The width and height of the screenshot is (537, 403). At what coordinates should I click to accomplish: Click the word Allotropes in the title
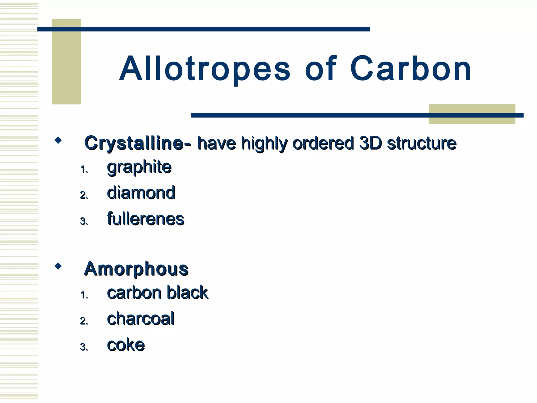205,69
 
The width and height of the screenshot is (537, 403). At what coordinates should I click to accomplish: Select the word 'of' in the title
320,69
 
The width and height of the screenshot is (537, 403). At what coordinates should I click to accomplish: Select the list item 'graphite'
139,167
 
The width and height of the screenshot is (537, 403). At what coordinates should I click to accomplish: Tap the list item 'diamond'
141,193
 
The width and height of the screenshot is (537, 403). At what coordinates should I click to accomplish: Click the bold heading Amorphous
136,269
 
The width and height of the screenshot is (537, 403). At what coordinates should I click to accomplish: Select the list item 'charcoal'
141,319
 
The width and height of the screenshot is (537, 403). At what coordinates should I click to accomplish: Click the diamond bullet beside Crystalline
58,140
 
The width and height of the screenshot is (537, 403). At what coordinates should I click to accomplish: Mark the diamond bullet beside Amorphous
58,266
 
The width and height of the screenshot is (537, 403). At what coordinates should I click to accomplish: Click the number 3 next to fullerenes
84,221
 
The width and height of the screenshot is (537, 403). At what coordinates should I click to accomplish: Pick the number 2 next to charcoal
84,321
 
